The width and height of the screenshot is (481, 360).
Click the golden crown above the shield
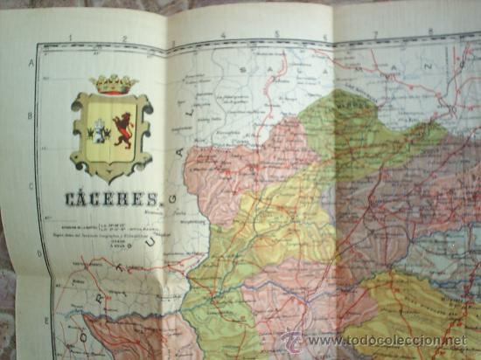tap(115, 84)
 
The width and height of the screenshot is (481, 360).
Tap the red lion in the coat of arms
tap(122, 129)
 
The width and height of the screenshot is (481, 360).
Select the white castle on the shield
tap(99, 131)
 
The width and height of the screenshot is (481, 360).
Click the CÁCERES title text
tap(111, 199)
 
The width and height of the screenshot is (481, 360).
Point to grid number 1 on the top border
tap(72, 38)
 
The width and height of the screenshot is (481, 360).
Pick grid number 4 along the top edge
tap(223, 36)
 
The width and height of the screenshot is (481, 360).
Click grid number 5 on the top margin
tap(276, 35)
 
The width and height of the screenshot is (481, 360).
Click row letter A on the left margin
tap(31, 64)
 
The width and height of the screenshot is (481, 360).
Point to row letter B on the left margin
tap(31, 114)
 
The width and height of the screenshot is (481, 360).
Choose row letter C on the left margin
tap(31, 184)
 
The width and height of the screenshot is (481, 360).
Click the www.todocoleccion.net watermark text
tap(386, 341)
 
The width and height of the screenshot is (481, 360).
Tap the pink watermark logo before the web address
tap(291, 341)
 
